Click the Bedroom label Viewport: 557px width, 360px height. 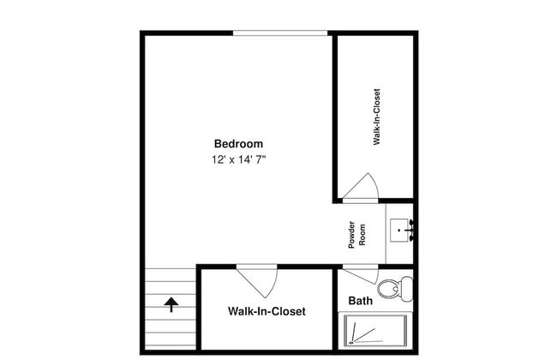(238, 144)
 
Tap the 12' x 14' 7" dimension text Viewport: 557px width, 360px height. (239, 159)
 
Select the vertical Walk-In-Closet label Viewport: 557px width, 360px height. (376, 117)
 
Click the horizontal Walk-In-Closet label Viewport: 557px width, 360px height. (267, 311)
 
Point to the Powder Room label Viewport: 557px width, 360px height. (356, 235)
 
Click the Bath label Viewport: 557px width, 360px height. (360, 301)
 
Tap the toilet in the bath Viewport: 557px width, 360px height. (395, 288)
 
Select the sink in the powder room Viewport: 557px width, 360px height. (399, 231)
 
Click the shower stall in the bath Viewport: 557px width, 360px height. (375, 331)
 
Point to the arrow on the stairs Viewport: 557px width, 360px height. (171, 305)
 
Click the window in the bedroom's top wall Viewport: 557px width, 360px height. (280, 33)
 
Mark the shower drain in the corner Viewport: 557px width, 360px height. (351, 343)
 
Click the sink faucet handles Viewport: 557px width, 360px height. (411, 231)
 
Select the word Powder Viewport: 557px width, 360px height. (351, 235)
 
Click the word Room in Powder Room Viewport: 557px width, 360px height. (362, 235)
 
